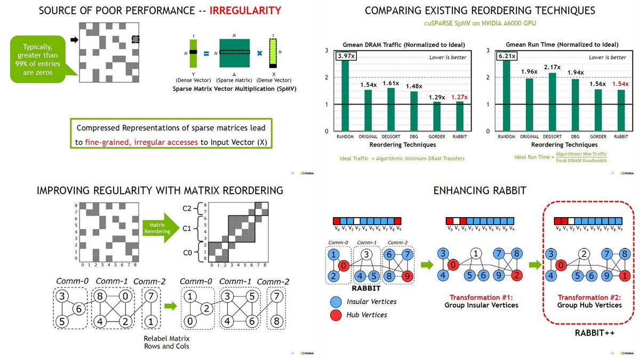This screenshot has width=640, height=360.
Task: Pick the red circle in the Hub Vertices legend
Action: pos(334,315)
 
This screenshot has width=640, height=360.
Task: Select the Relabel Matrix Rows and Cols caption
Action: pos(166,343)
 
